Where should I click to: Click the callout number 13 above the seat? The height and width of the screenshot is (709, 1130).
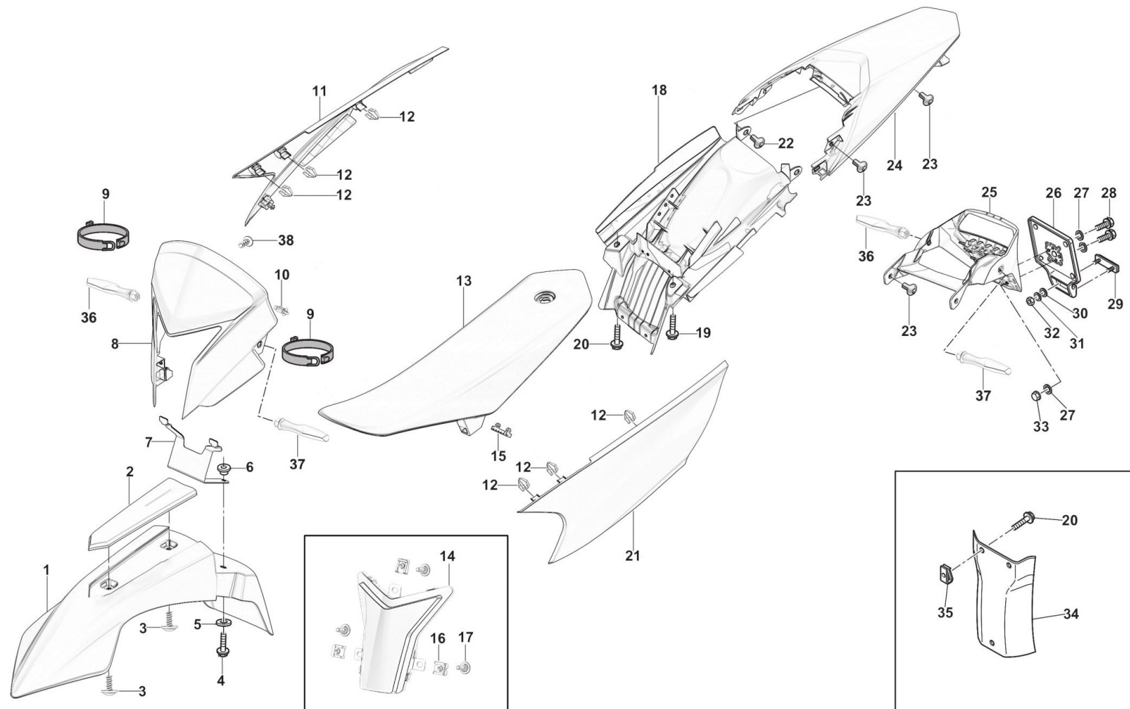pos(464,281)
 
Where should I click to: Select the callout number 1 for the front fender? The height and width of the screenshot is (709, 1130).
pos(46,570)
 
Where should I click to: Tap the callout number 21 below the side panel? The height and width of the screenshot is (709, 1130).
pos(632,556)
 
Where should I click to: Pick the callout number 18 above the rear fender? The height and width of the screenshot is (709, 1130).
pos(659,90)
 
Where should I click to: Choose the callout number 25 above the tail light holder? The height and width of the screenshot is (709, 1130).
pos(989,192)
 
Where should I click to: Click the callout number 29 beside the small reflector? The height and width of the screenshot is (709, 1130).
pos(1115,303)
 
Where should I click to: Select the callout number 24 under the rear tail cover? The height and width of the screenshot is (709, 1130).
pos(894,165)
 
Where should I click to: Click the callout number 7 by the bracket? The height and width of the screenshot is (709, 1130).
pos(148,441)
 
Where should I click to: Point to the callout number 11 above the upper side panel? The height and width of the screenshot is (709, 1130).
pos(319,91)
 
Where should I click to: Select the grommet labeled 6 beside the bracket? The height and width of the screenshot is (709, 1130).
pos(225,467)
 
